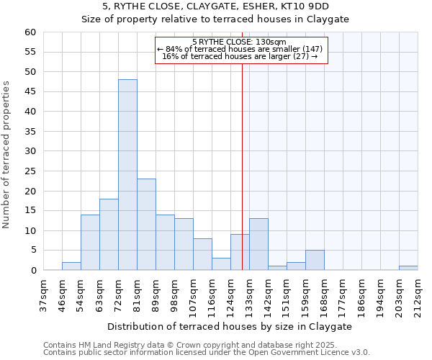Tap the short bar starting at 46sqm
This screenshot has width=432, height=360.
pyautogui.click(x=71, y=266)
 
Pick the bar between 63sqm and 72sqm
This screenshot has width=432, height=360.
pyautogui.click(x=109, y=235)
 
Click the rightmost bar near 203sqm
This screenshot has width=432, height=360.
pyautogui.click(x=408, y=268)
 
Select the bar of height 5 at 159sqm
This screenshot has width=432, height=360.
pyautogui.click(x=315, y=260)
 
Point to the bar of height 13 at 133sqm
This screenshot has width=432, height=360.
pyautogui.click(x=258, y=244)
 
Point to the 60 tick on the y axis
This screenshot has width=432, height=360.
pyautogui.click(x=30, y=32)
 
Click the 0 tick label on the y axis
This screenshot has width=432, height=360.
pyautogui.click(x=32, y=271)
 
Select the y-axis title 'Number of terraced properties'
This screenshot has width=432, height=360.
pyautogui.click(x=6, y=154)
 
